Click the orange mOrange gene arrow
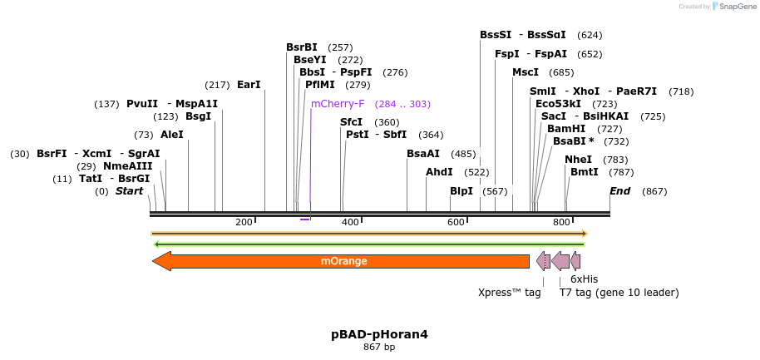point(341,261)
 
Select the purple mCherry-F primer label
point(338,104)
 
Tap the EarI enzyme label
point(249,85)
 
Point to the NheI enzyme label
point(578,160)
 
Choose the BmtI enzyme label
point(584,172)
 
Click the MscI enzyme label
point(526,72)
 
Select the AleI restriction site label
point(172,135)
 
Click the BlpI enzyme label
point(461,191)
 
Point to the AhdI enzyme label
point(439,172)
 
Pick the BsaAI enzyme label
point(422,154)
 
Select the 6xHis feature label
point(584,279)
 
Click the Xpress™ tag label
point(509,293)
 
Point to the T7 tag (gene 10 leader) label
point(619,293)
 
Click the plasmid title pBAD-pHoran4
point(379,334)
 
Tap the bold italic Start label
point(129,191)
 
